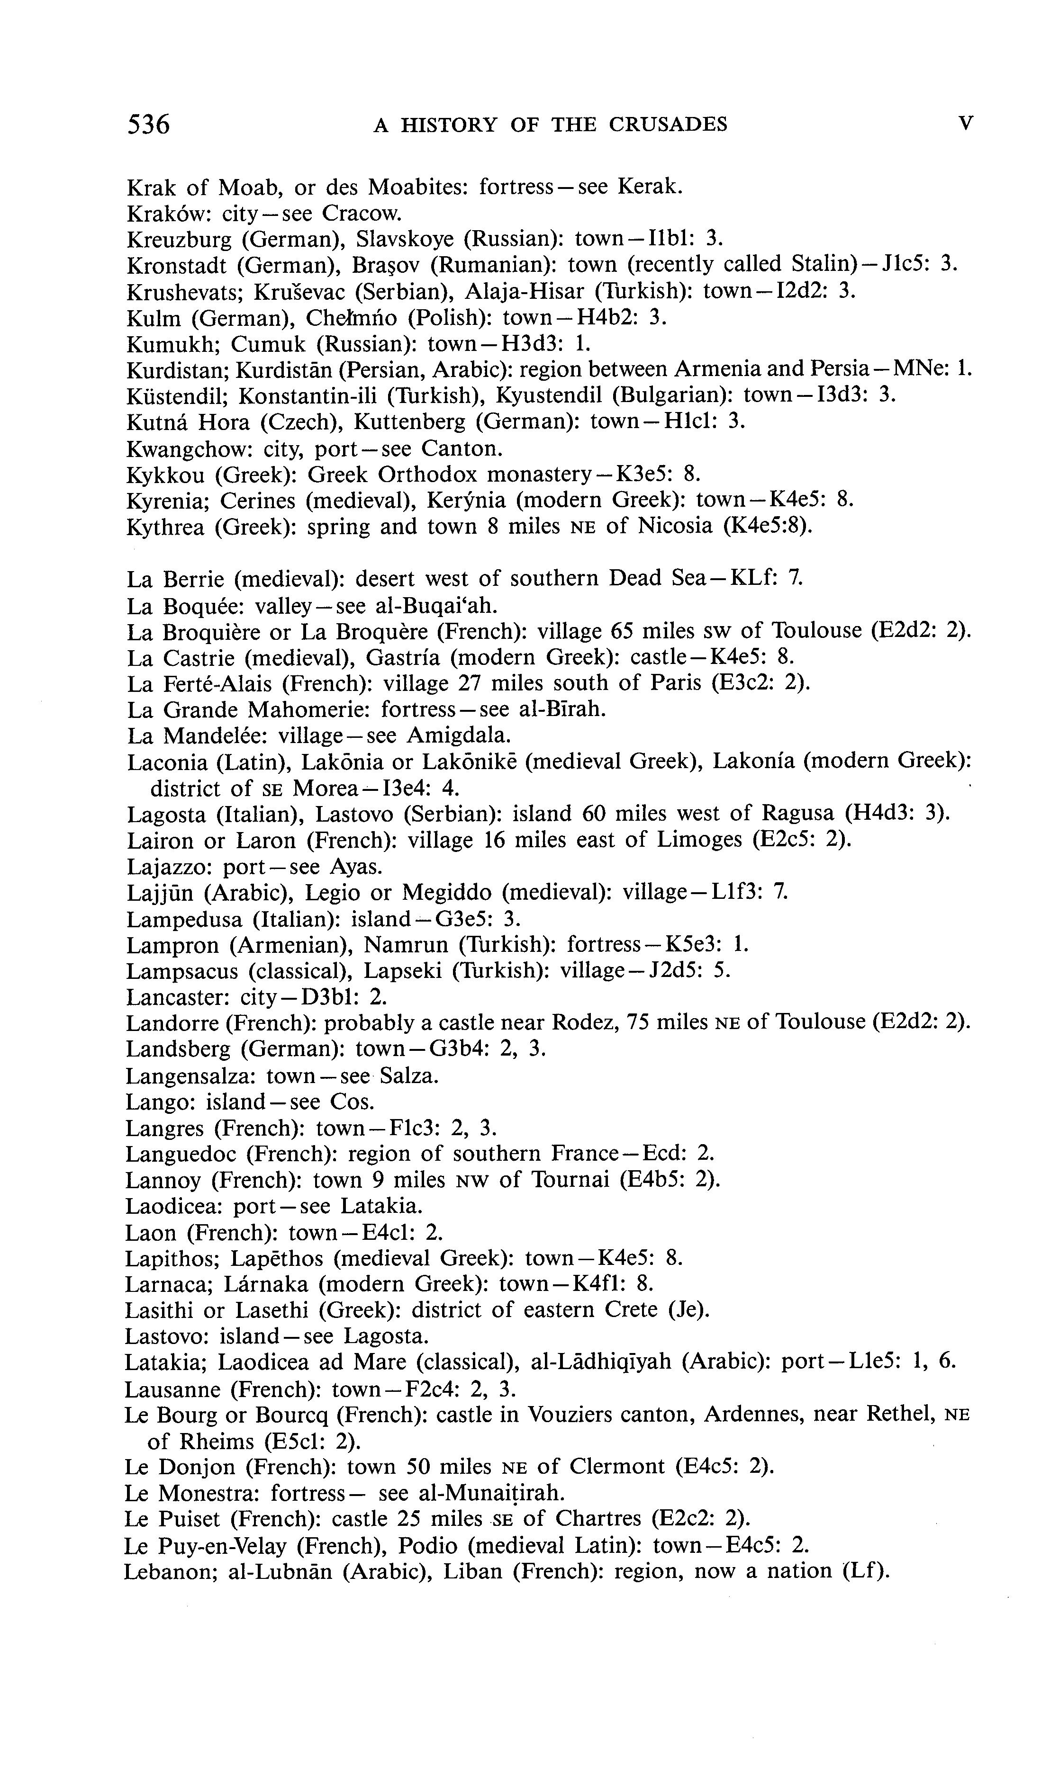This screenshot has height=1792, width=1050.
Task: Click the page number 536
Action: pos(149,125)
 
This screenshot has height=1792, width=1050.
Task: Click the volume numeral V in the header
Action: pos(965,124)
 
